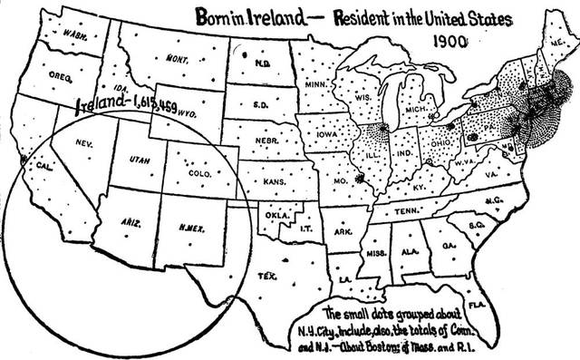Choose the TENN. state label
click(x=405, y=214)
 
